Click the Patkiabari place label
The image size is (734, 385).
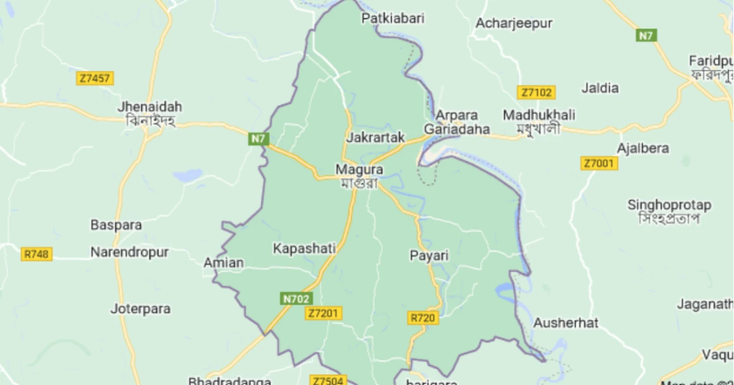click(x=393, y=18)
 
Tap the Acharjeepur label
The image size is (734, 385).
click(x=513, y=23)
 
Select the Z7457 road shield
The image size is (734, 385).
click(x=95, y=78)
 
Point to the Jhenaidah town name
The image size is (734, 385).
click(x=149, y=107)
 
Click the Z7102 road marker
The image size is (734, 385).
click(x=536, y=92)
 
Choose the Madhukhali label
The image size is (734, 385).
click(x=539, y=115)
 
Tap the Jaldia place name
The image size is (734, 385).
click(x=599, y=88)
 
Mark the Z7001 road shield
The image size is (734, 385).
click(x=598, y=164)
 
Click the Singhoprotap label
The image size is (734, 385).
click(x=669, y=205)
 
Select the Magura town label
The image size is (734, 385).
click(x=358, y=170)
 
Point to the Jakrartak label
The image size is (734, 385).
click(x=375, y=137)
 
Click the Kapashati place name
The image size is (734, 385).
click(x=304, y=249)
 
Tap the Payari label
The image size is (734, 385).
click(x=429, y=256)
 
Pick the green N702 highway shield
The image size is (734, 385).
click(x=295, y=298)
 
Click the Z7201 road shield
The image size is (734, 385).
click(x=324, y=314)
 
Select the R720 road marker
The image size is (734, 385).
click(x=423, y=318)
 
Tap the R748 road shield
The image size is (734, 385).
click(x=37, y=254)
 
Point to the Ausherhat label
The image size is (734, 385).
click(x=565, y=323)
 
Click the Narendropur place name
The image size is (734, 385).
click(x=130, y=252)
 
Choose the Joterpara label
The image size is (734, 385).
click(x=140, y=309)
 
